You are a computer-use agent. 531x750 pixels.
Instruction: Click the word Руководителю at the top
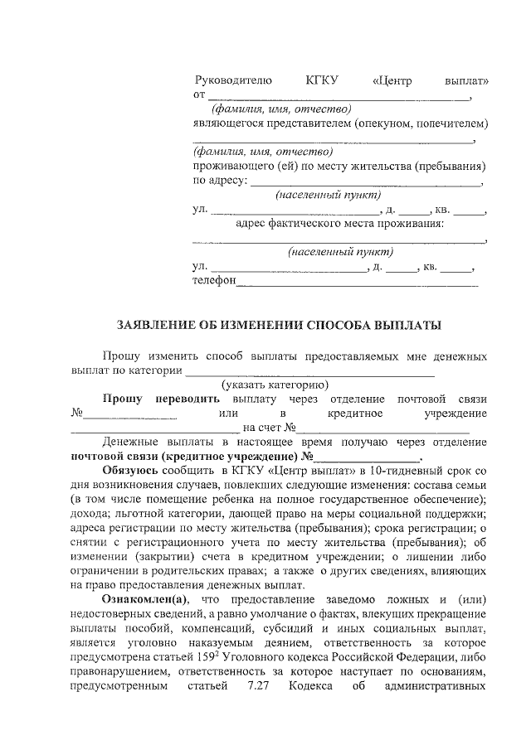tap(233, 81)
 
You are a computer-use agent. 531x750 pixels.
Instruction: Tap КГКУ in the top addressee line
tap(321, 81)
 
